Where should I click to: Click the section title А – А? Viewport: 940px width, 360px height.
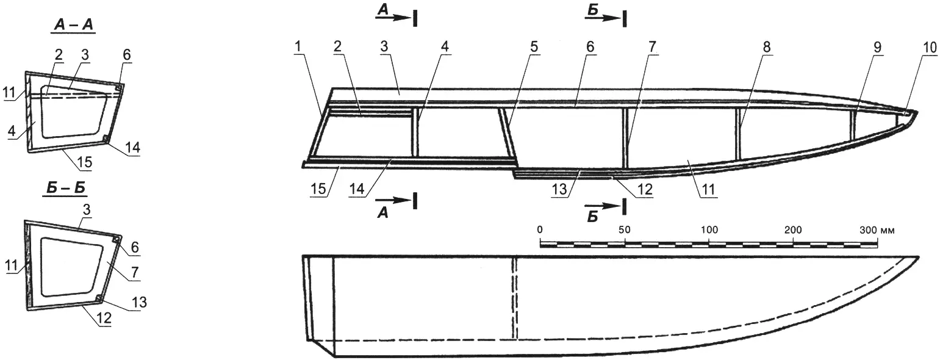point(73,26)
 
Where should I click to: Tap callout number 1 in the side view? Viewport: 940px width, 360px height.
point(298,47)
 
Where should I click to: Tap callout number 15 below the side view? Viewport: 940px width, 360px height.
point(318,189)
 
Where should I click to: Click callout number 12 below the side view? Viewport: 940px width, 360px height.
point(645,190)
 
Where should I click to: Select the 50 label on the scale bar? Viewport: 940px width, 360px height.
point(625,230)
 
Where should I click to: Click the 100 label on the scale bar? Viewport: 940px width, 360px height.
point(709,230)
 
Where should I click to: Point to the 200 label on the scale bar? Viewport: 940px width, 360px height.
point(793,230)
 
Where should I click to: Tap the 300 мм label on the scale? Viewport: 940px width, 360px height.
point(877,231)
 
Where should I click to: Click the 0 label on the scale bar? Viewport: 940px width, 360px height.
point(540,230)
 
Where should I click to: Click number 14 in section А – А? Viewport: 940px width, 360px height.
point(132,147)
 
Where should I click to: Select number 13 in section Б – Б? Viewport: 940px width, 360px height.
point(139,302)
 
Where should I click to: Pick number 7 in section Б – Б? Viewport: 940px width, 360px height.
point(135,273)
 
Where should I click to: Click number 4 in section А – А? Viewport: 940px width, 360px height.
point(12,131)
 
